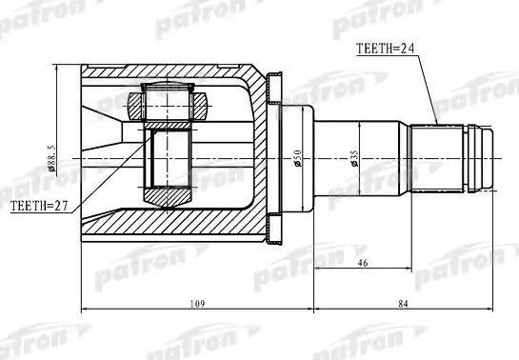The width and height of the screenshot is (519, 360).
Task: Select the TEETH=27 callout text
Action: click(40, 205)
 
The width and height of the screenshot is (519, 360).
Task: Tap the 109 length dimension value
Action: click(198, 302)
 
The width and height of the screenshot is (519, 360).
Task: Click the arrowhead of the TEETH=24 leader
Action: click(437, 122)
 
